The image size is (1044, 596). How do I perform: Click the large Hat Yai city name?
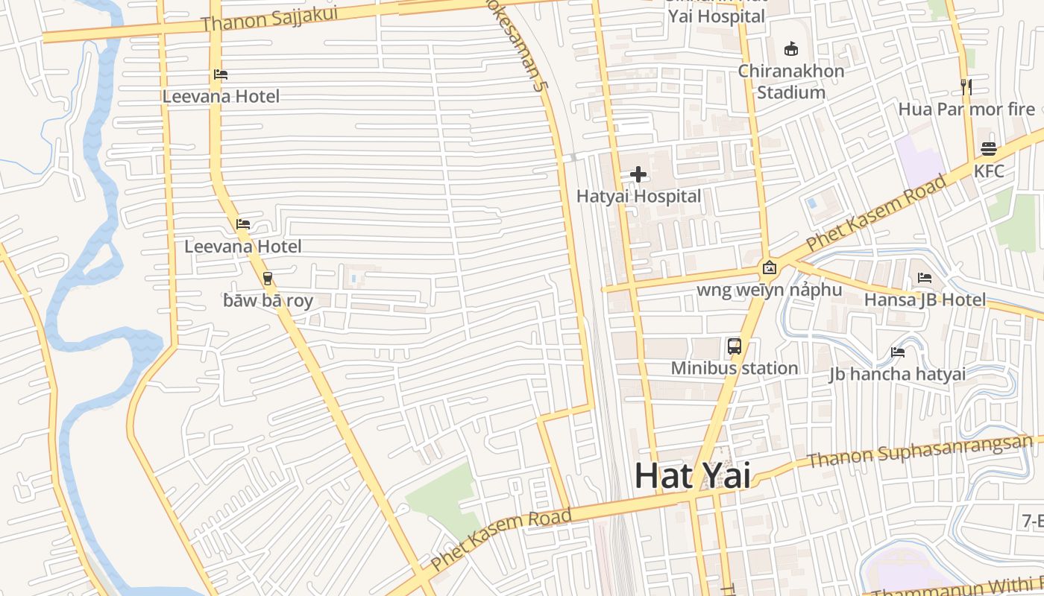(692, 475)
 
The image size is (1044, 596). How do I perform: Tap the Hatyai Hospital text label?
(638, 197)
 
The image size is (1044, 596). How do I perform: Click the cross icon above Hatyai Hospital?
(638, 175)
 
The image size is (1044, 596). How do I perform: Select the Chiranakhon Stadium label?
(791, 82)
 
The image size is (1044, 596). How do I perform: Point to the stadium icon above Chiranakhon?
(791, 49)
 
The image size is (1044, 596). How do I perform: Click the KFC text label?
(989, 171)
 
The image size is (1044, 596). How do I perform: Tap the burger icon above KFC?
(989, 148)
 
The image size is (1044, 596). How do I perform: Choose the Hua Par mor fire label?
(966, 110)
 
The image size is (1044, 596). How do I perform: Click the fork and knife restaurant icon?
(966, 86)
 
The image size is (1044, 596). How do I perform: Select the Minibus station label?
(735, 368)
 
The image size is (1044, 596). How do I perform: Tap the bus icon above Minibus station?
(735, 346)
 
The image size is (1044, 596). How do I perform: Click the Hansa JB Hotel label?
(925, 300)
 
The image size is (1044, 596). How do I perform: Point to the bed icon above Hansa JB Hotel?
(925, 278)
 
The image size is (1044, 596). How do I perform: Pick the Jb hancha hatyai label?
(897, 374)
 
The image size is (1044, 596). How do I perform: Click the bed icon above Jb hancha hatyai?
(898, 352)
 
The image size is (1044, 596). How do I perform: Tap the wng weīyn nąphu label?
(769, 290)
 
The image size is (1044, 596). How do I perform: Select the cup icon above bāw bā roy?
(268, 279)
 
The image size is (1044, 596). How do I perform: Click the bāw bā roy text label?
(268, 301)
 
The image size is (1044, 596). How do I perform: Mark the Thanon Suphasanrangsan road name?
(920, 451)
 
